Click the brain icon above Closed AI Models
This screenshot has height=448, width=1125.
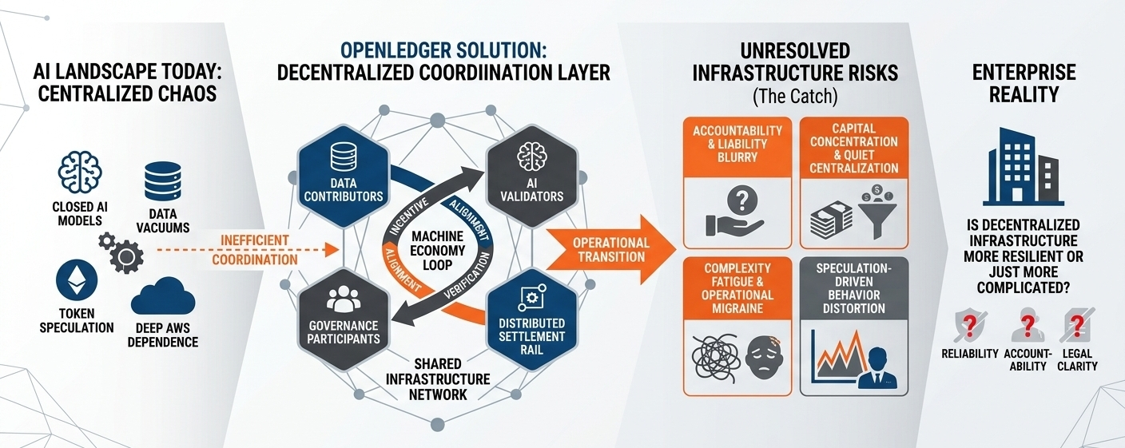point(80,173)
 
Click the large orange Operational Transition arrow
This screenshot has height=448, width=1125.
point(610,250)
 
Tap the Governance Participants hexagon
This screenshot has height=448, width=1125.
point(344,320)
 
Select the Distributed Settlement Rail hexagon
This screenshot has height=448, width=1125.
point(532,320)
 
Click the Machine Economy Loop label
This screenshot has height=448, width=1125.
point(437,250)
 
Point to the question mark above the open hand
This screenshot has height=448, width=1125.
point(741,200)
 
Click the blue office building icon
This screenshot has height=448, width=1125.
point(1024,167)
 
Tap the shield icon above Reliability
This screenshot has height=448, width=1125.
point(970,326)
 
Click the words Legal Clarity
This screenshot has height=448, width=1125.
point(1077,360)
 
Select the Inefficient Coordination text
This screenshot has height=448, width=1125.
point(255,250)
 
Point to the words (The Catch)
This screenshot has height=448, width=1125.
point(795,96)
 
